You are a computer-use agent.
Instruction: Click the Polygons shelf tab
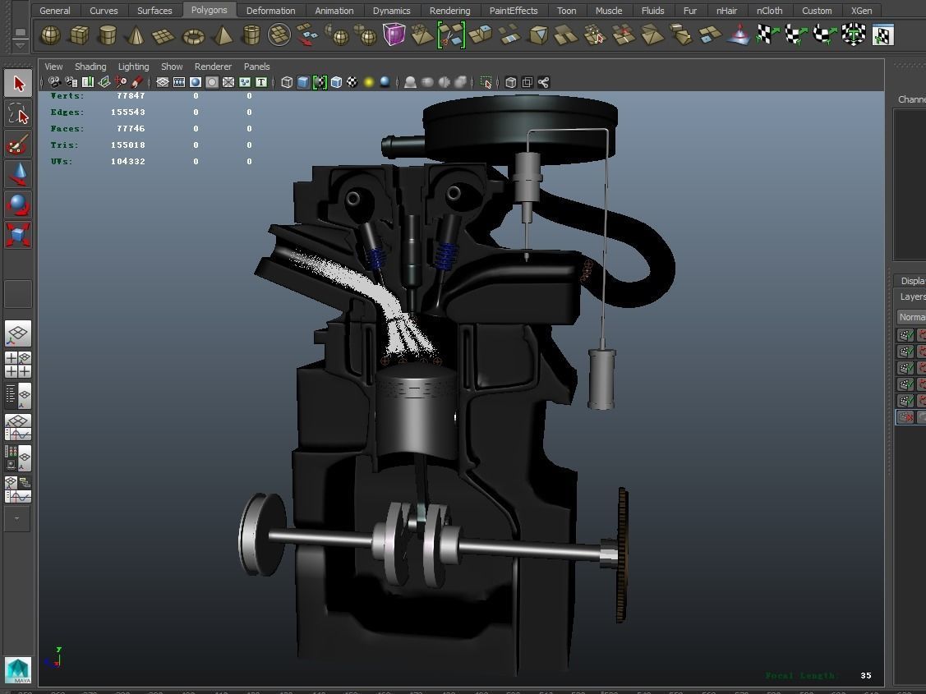pyautogui.click(x=209, y=10)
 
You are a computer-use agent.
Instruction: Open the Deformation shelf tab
pyautogui.click(x=270, y=11)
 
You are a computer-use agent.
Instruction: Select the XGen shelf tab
pyautogui.click(x=861, y=11)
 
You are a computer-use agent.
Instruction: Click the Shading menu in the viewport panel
pyautogui.click(x=90, y=67)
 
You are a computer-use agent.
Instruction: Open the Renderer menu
pyautogui.click(x=213, y=67)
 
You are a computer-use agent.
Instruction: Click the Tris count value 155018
pyautogui.click(x=127, y=145)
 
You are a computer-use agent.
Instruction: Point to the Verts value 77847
pyautogui.click(x=131, y=96)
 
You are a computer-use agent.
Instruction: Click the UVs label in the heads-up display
pyautogui.click(x=61, y=162)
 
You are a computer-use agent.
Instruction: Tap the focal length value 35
pyautogui.click(x=865, y=676)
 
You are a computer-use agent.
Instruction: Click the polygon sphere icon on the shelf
pyautogui.click(x=50, y=35)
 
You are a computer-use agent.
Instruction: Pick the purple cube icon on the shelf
pyautogui.click(x=394, y=35)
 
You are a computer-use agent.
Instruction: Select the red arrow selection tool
pyautogui.click(x=18, y=84)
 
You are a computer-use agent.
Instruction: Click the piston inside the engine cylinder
pyautogui.click(x=416, y=411)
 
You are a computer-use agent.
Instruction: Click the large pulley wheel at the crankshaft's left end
pyautogui.click(x=260, y=535)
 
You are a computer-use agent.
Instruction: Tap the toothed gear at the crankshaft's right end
pyautogui.click(x=620, y=554)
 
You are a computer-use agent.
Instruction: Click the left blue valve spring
pyautogui.click(x=376, y=259)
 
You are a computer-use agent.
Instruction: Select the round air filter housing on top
pyautogui.click(x=519, y=123)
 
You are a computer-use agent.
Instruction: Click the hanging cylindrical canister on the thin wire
pyautogui.click(x=601, y=379)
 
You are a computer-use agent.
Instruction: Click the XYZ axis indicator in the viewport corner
pyautogui.click(x=55, y=657)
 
